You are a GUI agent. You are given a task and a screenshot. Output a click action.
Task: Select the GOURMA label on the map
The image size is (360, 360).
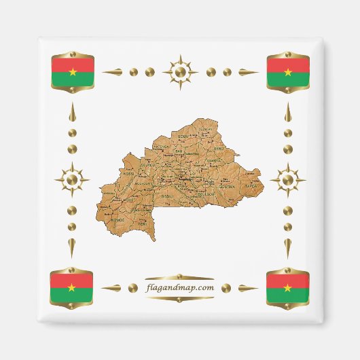point(228,184)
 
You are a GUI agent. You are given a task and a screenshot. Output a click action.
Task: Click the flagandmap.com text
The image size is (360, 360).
point(180,287)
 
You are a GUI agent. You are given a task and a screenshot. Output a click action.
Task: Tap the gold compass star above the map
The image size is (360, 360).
point(180,71)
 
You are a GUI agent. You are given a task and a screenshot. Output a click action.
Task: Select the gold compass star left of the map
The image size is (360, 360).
point(72,180)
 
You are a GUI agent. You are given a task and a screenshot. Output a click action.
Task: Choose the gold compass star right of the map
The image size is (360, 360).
point(287,180)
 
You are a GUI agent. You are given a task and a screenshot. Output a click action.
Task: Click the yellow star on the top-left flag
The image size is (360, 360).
point(72,71)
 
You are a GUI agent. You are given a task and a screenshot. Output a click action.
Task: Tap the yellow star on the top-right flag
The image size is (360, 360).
point(288,71)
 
